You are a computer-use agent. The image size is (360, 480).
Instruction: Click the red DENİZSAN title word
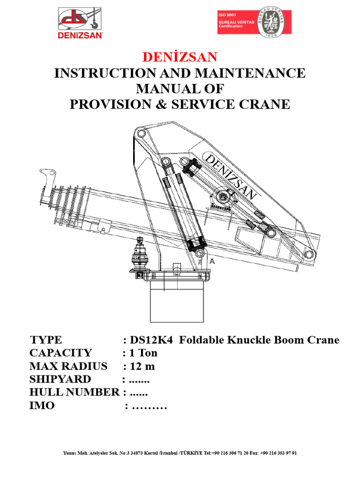180,57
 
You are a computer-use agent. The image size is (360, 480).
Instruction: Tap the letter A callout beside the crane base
212,262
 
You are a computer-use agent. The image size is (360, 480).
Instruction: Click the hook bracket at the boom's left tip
45,179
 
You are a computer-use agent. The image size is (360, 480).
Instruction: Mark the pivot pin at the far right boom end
309,255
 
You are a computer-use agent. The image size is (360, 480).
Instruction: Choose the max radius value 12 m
142,366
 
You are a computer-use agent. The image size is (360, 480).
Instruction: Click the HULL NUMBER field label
74,392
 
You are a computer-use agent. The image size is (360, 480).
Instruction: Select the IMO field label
42,405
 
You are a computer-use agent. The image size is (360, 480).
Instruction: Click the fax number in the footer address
277,453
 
